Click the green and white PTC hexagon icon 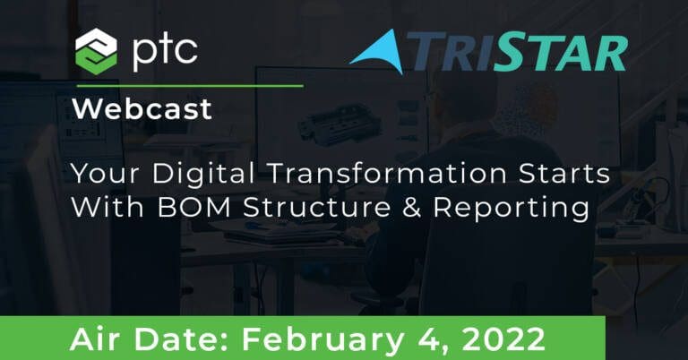pos(96,51)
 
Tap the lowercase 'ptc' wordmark pos(165,52)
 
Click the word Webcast pos(142,108)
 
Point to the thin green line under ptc pos(190,86)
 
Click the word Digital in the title pos(203,175)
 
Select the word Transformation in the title pos(387,173)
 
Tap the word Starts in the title pos(564,173)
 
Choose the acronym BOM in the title pos(193,207)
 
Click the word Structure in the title pos(316,207)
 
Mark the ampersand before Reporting pos(411,207)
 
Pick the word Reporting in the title pos(512,209)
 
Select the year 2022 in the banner pos(503,339)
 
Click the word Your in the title pos(106,173)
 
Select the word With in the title pos(107,207)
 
